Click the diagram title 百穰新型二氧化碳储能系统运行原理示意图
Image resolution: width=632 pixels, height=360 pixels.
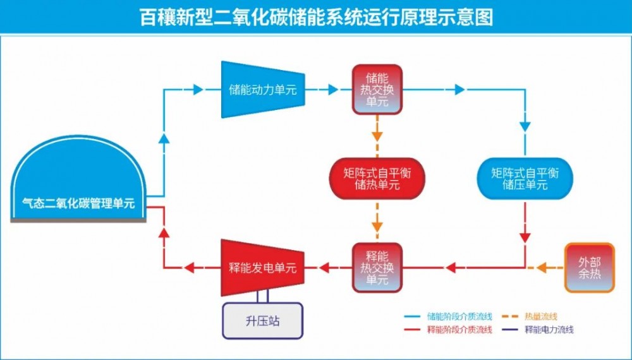coord(316,16)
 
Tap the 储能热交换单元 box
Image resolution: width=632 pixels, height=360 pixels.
coord(377,90)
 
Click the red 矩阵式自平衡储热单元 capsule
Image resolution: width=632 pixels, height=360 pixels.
coord(377,179)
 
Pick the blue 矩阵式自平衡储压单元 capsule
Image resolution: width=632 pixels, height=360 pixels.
coord(525,179)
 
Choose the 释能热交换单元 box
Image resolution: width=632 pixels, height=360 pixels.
coord(377,268)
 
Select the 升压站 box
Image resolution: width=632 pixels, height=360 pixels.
coord(262,321)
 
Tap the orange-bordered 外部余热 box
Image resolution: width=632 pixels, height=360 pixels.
coord(589,268)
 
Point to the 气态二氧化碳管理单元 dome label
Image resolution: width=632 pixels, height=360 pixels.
coord(79,203)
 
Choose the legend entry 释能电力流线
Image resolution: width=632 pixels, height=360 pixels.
coord(544,330)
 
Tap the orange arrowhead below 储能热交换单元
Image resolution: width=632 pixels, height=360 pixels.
coord(377,135)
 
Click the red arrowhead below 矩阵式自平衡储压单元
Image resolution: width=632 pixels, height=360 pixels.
coord(525,238)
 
